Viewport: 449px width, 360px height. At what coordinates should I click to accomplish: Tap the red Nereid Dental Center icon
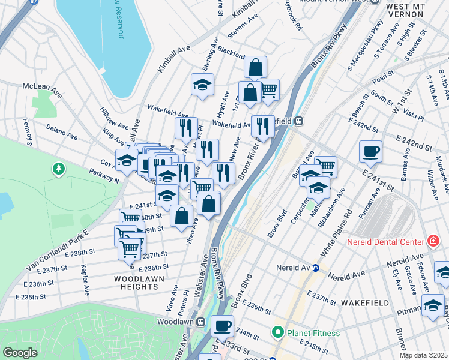pos(433,242)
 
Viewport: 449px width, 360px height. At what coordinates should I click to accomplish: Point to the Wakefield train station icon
pos(297,121)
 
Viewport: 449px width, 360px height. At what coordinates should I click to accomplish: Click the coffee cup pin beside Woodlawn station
pos(222,326)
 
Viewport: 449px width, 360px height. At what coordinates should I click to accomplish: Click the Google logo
pos(20,353)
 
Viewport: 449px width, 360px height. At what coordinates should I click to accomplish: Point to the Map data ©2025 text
pos(423,355)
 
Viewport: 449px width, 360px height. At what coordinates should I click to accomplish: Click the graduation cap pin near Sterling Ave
pos(202,85)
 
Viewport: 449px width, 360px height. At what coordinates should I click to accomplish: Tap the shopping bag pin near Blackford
pos(255,67)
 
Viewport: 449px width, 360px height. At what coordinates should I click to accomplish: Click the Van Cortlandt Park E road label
pos(57,248)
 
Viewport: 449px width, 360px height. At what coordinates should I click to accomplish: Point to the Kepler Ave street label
pos(85,280)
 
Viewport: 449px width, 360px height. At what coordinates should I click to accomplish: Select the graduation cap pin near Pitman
pos(432,306)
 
